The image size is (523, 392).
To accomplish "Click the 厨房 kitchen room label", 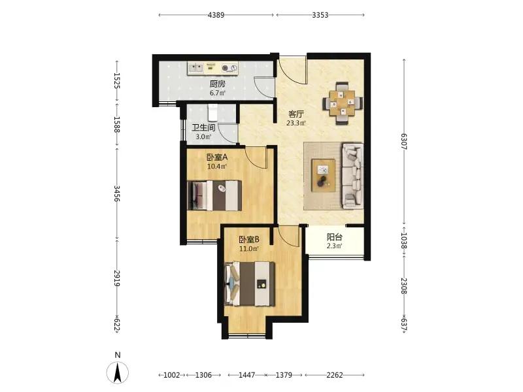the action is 217,84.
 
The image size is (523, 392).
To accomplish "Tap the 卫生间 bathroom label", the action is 203,127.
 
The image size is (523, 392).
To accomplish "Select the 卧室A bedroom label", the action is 217,157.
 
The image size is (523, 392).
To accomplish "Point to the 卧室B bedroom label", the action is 249,239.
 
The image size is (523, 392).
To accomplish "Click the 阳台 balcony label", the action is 335,237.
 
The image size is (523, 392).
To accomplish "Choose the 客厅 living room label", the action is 296,114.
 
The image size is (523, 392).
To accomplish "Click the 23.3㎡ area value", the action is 296,123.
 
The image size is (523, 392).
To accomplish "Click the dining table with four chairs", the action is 343,103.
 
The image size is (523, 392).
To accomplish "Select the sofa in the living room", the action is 352,176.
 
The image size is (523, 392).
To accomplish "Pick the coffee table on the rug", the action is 323,175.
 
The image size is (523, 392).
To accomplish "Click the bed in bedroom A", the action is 214,195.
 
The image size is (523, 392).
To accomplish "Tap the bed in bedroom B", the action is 250,284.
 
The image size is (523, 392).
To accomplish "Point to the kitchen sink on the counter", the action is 195,69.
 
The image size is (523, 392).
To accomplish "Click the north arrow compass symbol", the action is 118,372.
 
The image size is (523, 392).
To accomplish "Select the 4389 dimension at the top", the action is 216,15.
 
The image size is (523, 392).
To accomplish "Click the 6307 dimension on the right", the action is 404,141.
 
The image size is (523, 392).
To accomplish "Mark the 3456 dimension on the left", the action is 117,193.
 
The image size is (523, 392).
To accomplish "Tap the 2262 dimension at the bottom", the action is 335,375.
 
